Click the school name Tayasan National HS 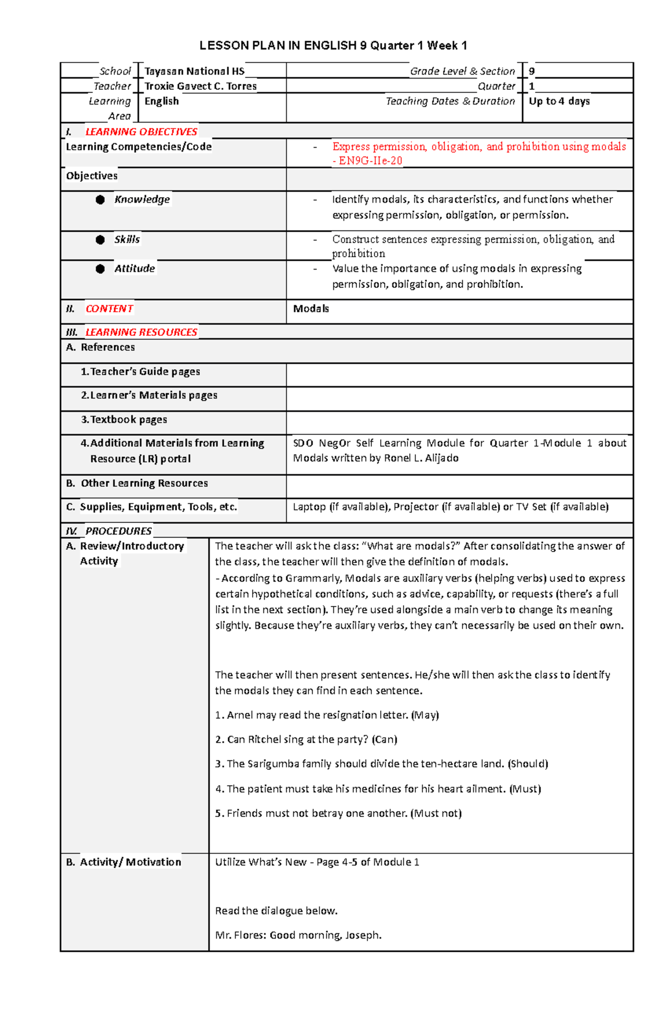point(194,71)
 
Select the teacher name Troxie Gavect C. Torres point(200,86)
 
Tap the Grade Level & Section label point(462,71)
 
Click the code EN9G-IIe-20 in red point(370,161)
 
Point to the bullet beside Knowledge point(100,200)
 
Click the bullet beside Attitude point(100,269)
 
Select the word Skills point(127,239)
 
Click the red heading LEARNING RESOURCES point(141,332)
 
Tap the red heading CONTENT point(109,309)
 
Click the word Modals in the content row point(311,309)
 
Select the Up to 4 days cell point(559,101)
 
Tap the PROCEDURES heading point(118,531)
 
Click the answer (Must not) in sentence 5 point(436,813)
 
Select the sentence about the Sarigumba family point(381,764)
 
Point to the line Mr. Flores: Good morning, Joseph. point(298,935)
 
